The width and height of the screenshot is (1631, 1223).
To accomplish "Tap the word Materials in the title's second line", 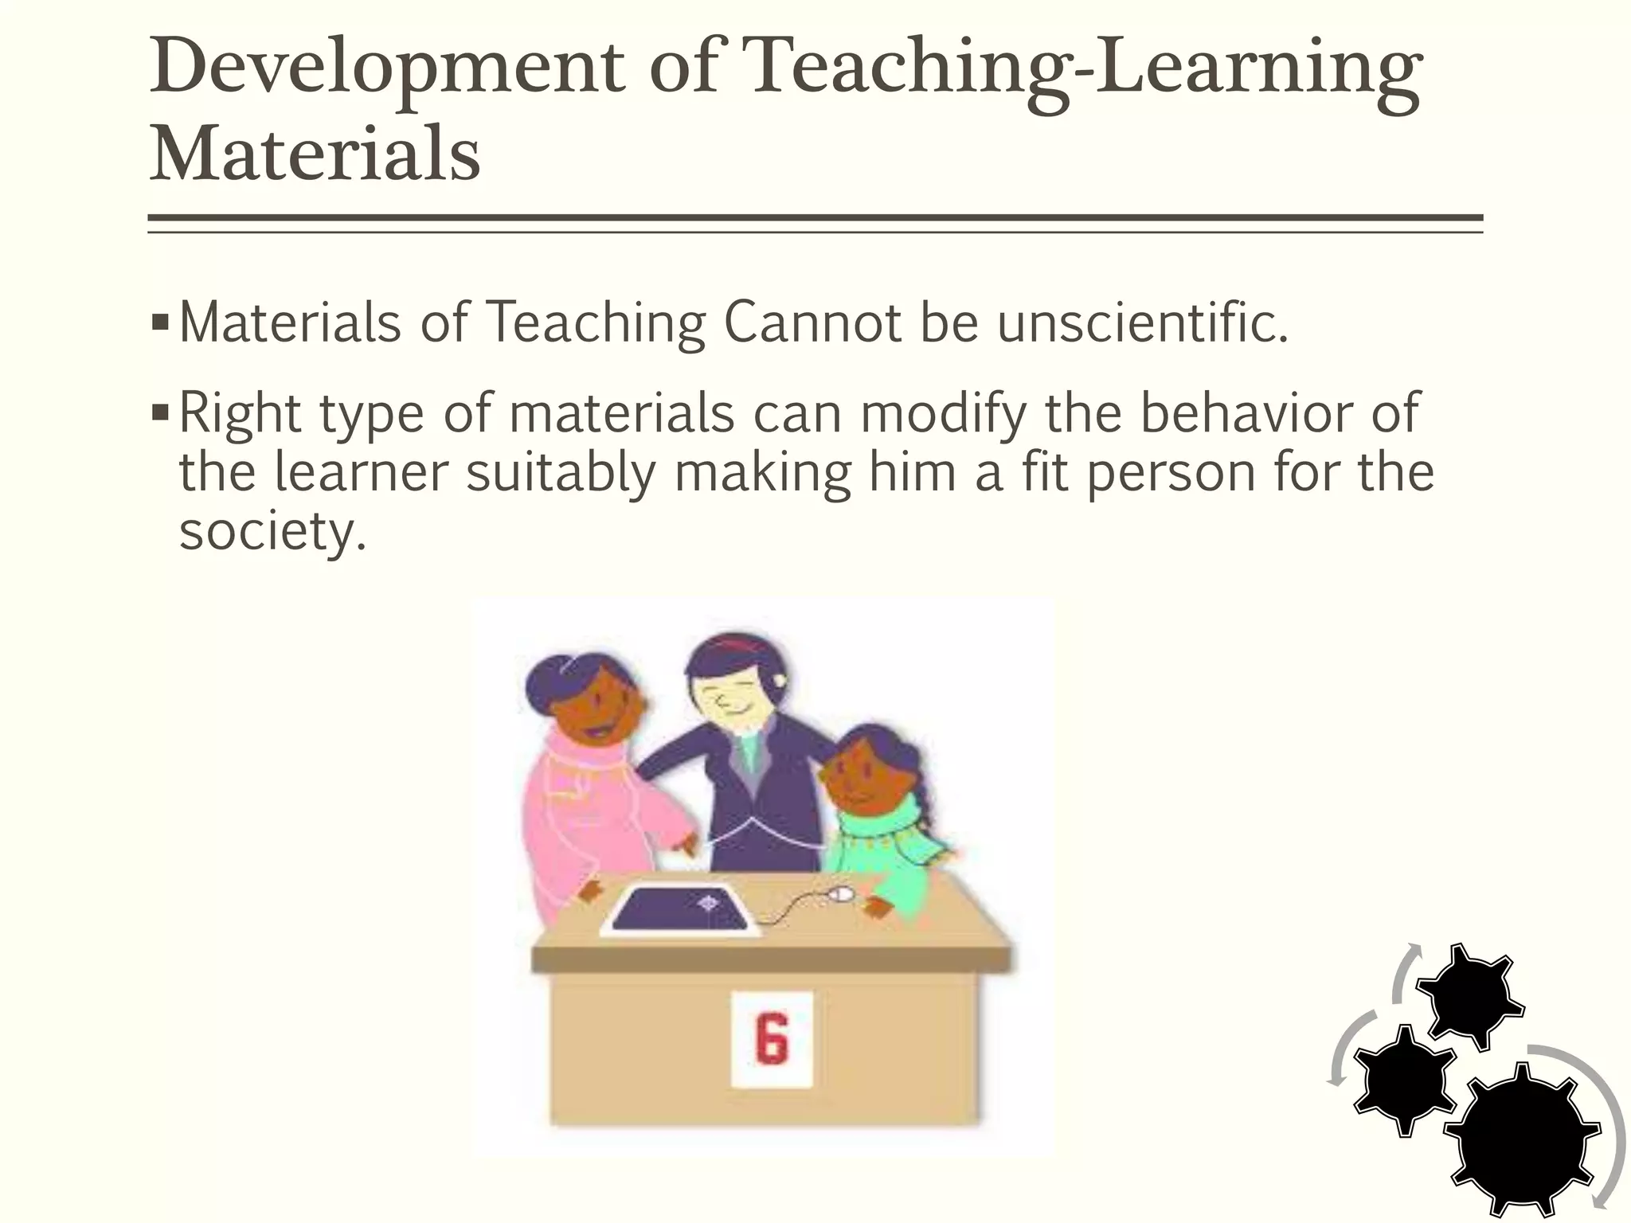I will click(x=315, y=153).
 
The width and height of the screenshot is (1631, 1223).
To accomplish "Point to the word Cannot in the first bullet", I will click(x=812, y=323).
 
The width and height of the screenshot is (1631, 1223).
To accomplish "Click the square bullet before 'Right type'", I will click(x=160, y=413).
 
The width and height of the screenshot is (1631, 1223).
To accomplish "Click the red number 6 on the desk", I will click(x=772, y=1038).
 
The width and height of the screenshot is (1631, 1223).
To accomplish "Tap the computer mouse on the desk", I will click(x=840, y=896).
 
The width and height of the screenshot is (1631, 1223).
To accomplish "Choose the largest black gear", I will click(x=1521, y=1139).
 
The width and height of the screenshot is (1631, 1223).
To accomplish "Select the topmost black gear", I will click(x=1470, y=995).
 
